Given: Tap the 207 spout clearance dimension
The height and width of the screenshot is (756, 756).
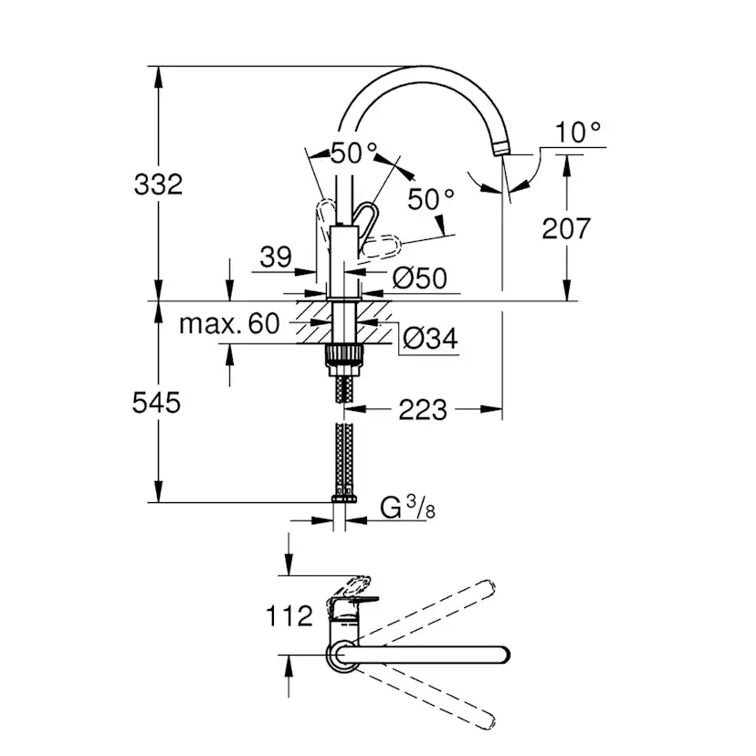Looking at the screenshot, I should pyautogui.click(x=566, y=227).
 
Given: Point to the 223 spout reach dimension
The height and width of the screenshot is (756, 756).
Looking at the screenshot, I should pyautogui.click(x=422, y=410).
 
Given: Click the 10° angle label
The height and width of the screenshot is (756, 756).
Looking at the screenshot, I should pyautogui.click(x=579, y=133).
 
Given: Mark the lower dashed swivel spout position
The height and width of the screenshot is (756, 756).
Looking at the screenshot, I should pyautogui.click(x=429, y=698).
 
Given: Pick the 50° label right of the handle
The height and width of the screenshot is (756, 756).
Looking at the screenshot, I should pyautogui.click(x=431, y=199).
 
